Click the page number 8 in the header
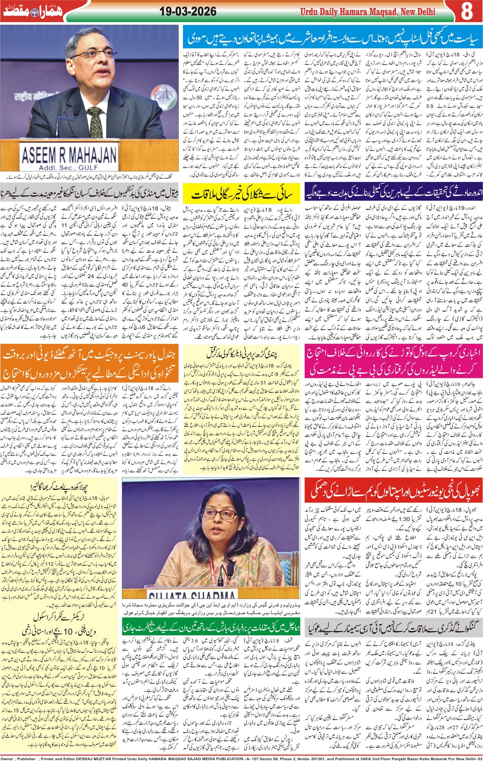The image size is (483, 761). pos(467,12)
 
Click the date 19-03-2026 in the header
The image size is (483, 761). pos(188,12)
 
